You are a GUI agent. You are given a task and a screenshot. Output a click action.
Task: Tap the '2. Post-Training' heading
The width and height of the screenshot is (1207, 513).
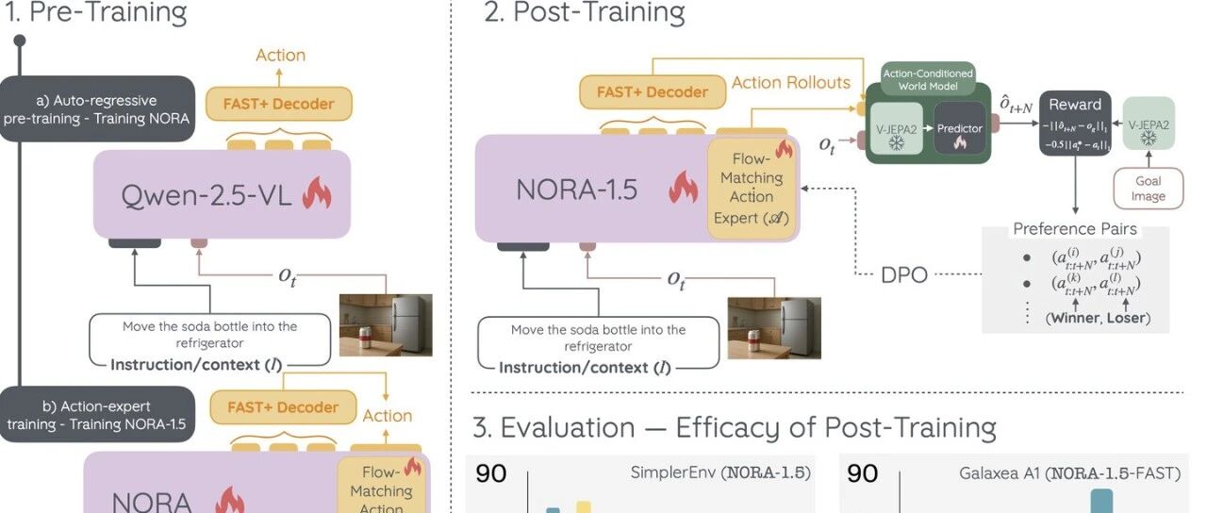coord(584,12)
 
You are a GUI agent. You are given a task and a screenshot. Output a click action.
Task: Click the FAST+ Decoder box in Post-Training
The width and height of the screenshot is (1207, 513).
coord(652,91)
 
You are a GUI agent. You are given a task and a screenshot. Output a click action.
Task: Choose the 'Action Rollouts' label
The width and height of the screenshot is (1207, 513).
coord(790,83)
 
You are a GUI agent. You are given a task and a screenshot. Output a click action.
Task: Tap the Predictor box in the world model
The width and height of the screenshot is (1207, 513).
coord(960,129)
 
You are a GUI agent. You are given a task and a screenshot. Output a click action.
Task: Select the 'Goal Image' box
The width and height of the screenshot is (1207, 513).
coord(1149,188)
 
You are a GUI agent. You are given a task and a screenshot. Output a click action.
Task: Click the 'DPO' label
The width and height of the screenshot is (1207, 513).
coord(904,274)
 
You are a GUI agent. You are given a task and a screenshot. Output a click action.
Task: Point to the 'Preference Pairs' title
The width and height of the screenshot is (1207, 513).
coord(1074,229)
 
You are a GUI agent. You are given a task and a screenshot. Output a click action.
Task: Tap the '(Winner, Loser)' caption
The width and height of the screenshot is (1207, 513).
coord(1098,318)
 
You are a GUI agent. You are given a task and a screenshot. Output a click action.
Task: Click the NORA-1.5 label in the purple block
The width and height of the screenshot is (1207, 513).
coord(576,190)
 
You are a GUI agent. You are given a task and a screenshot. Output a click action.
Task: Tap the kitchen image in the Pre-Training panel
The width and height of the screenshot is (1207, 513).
coord(386,325)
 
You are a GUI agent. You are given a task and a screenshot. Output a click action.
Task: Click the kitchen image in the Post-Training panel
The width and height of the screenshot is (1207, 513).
coord(773,328)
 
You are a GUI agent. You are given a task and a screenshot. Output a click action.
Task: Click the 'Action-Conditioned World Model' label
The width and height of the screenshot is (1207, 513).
coord(927,79)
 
